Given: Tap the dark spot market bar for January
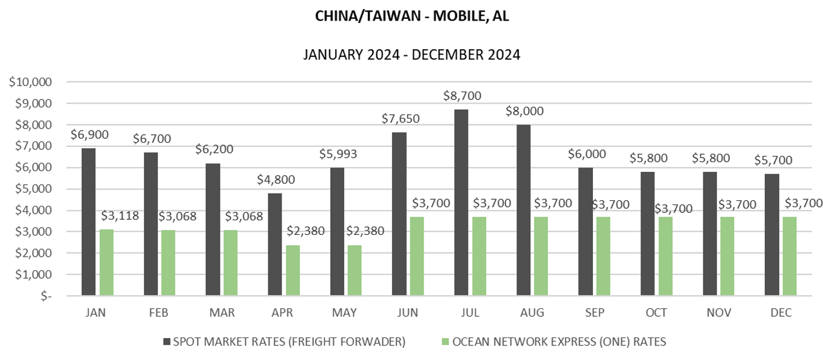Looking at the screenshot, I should [88, 222].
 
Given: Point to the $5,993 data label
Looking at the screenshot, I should [338, 154].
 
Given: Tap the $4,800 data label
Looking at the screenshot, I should [276, 180].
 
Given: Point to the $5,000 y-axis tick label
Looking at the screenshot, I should [34, 189].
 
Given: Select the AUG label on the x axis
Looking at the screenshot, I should [532, 313].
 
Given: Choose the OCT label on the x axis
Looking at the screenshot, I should [656, 313].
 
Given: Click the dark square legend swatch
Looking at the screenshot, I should [166, 342].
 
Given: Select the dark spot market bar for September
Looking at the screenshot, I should [586, 231].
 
